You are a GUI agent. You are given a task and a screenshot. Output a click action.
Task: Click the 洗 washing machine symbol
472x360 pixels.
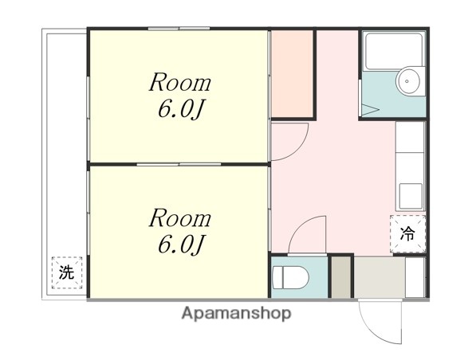click(x=67, y=272)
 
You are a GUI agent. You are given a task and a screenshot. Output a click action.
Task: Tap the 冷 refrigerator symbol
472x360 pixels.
click(x=408, y=233)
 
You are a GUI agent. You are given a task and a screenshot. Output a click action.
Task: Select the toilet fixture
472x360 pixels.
click(x=290, y=277)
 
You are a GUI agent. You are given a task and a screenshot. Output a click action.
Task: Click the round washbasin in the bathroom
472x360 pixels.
click(x=408, y=81)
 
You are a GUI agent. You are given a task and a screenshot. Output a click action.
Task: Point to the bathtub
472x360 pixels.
click(x=394, y=51)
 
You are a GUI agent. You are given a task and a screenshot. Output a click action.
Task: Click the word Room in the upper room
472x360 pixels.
click(x=180, y=82)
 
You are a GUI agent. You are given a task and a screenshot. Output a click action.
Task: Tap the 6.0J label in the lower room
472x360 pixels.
click(x=182, y=244)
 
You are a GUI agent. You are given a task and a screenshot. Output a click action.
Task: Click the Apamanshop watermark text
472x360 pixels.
click(x=236, y=313)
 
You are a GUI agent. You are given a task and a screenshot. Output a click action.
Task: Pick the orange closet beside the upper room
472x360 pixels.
click(x=292, y=73)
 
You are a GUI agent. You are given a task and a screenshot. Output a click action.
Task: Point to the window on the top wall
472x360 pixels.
click(x=179, y=29)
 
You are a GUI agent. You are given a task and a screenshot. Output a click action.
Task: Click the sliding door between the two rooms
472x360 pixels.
click(x=179, y=165)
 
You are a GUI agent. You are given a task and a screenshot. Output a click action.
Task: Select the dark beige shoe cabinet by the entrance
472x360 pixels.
click(x=341, y=277)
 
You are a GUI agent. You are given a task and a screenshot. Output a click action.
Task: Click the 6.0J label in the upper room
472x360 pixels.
click(x=182, y=108)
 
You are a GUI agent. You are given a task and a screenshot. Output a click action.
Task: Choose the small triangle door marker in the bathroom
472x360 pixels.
click(x=370, y=110)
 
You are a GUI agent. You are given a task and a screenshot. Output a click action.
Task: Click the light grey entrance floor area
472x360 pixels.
click(x=380, y=277)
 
